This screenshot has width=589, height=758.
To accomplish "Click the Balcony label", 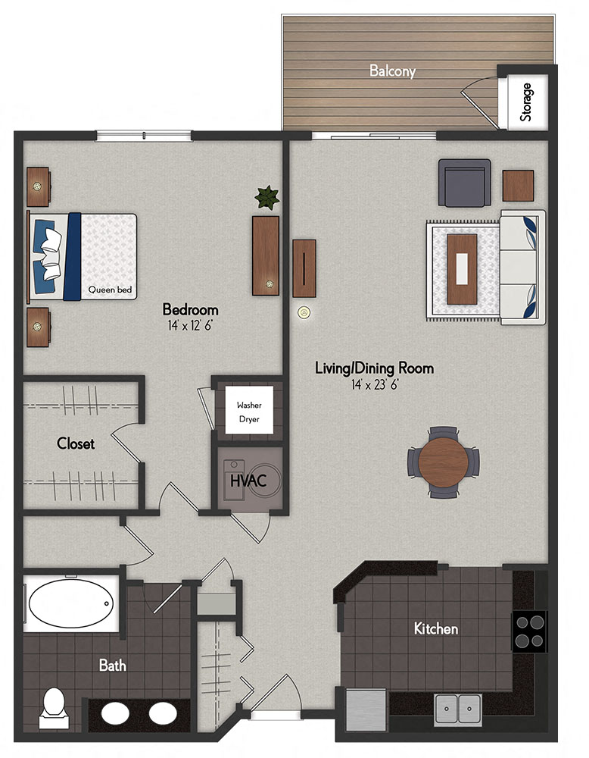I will pos(392,71).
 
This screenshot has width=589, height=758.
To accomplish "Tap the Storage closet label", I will pos(526,102).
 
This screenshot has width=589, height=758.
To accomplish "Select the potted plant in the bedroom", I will pos(266,199).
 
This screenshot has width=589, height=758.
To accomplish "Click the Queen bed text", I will pos(107,289).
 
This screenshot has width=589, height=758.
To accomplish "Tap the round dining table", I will pos(444,462).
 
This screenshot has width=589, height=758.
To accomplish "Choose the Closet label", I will pos(76,443).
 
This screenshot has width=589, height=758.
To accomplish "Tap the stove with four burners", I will pos(529,631).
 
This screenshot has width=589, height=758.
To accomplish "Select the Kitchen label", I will pos(435,628).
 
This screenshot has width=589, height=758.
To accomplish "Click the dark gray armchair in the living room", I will pos(463,184).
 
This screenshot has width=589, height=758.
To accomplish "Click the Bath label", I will pos(113,666).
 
